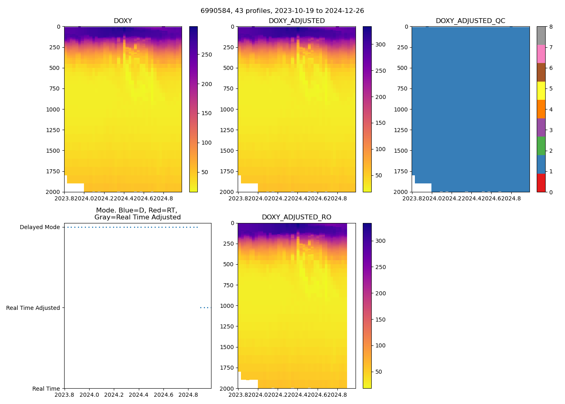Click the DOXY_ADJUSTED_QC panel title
470,21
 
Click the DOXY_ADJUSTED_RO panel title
296,217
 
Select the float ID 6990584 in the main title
215,11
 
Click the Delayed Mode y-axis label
40,227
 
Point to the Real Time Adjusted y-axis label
33,308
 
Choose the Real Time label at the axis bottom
46,389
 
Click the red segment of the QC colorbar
541,183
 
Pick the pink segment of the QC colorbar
541,54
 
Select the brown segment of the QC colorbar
541,72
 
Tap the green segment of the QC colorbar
541,146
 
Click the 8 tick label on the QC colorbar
551,27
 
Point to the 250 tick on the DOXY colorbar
207,55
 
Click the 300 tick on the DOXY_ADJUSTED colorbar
380,44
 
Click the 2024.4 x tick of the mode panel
138,395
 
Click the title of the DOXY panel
123,21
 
